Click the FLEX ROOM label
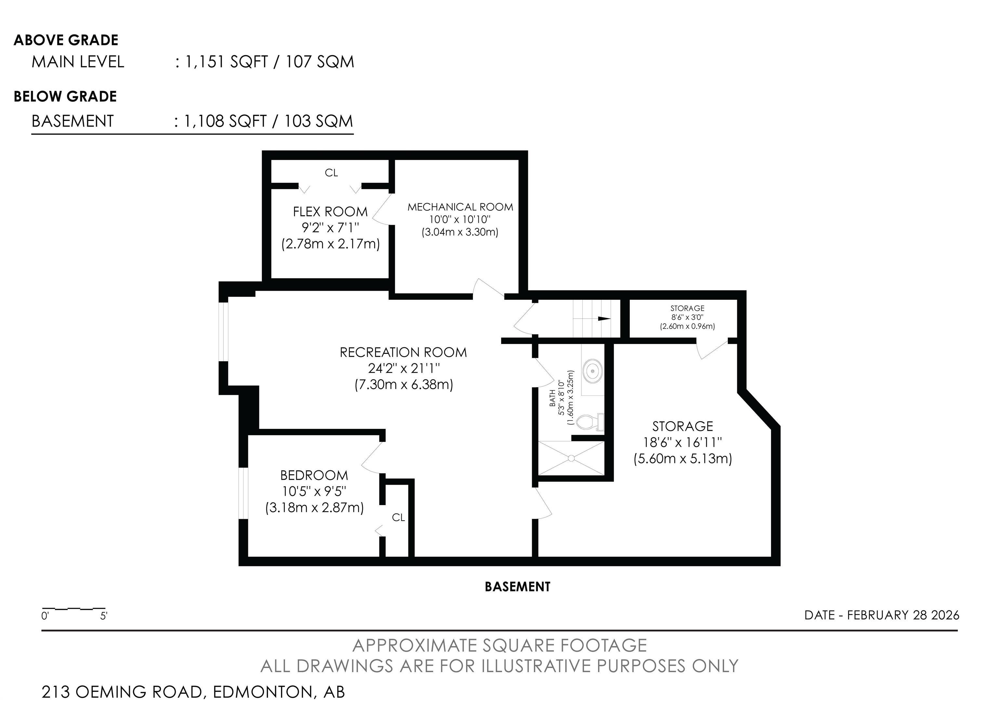330,212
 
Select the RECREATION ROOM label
403,352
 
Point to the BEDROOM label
314,475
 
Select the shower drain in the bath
571,458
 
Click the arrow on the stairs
604,318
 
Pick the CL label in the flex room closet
331,173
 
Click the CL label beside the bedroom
398,517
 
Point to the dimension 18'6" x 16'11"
682,442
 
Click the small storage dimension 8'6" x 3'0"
687,317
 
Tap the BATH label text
552,398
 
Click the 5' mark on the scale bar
103,616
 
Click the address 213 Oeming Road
193,692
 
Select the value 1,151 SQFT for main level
226,62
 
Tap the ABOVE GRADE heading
66,40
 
